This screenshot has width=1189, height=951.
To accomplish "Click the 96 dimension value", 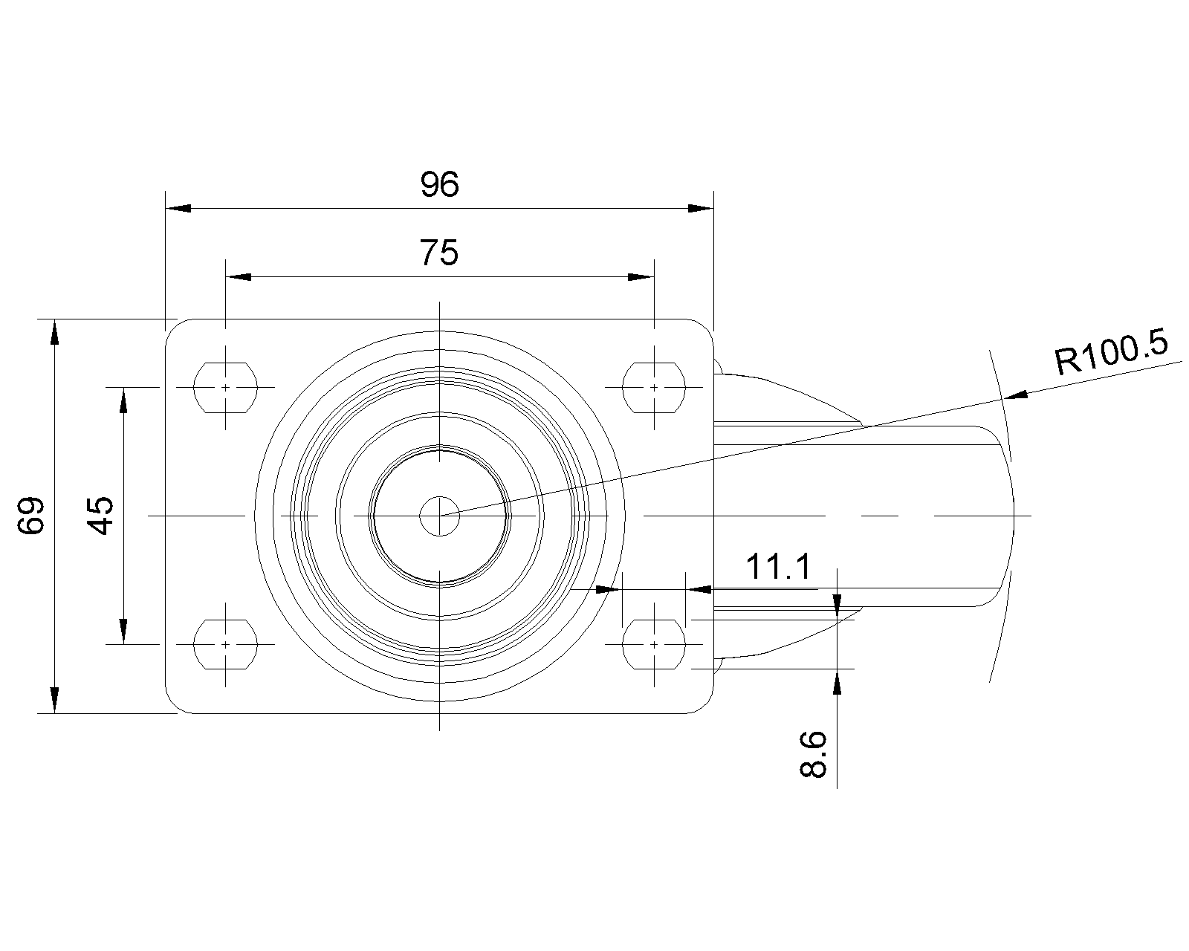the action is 439,184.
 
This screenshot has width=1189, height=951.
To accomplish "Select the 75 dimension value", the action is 439,253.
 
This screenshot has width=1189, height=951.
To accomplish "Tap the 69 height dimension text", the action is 30,516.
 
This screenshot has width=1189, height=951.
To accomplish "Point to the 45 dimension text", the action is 100,516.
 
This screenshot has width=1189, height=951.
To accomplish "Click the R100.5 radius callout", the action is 1111,352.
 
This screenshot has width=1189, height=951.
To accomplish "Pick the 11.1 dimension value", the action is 779,567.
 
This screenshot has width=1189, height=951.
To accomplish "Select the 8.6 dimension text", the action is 813,754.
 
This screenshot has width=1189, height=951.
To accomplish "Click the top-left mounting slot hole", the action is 225,387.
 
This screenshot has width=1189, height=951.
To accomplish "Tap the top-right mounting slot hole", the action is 654,387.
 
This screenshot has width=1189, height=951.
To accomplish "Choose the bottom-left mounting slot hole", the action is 225,644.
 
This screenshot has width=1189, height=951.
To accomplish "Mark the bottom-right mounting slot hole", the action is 654,644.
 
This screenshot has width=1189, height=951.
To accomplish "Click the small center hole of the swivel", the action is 439,516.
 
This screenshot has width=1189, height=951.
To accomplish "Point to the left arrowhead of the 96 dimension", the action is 178,208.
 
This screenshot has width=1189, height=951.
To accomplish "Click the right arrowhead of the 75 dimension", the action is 641,277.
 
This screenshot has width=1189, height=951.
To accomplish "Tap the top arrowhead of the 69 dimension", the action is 54,332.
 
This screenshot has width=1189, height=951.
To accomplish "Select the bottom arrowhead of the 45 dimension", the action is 123,632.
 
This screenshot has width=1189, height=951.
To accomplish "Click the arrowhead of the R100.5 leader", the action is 1016,395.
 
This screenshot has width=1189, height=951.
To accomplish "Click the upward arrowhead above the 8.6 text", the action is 837,681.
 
